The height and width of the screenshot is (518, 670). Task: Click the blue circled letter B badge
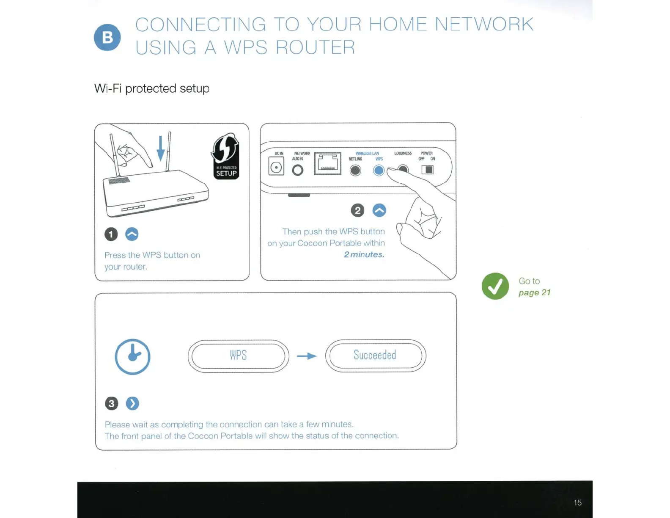[x=107, y=37]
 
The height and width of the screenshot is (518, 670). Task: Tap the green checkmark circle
[x=495, y=287]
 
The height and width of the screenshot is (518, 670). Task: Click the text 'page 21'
[x=534, y=292]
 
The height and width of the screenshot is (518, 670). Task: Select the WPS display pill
[x=239, y=356]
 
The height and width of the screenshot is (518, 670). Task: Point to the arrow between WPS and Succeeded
[x=307, y=356]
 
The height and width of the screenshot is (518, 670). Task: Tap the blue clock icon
[x=133, y=356]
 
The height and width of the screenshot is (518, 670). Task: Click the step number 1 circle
[x=111, y=234]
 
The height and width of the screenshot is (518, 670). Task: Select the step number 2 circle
[x=358, y=210]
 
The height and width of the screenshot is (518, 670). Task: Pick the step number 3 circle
[x=112, y=403]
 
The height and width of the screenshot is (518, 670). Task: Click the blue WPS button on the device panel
[x=379, y=170]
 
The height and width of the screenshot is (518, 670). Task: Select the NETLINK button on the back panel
[x=355, y=170]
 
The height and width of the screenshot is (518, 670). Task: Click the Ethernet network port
[x=327, y=164]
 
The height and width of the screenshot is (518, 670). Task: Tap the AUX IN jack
[x=298, y=170]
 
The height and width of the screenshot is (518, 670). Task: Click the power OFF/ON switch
[x=428, y=170]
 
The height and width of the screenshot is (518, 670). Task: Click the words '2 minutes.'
[x=364, y=254]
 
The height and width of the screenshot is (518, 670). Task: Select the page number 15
[x=577, y=503]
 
